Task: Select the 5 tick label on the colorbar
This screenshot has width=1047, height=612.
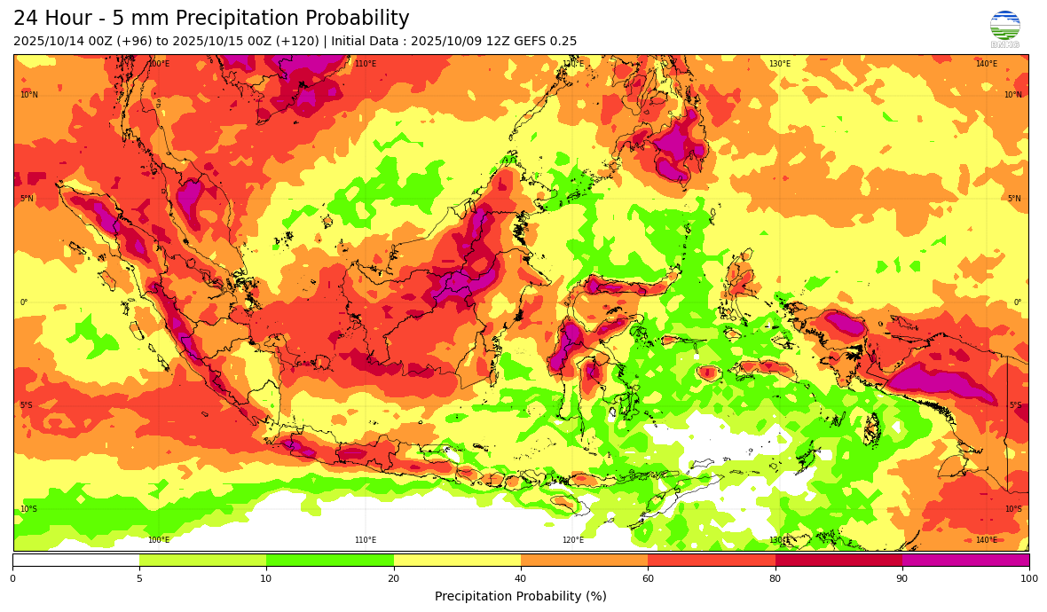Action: pyautogui.click(x=139, y=578)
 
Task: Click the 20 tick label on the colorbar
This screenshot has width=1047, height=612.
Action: pyautogui.click(x=393, y=578)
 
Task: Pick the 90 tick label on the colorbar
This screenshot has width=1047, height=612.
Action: pyautogui.click(x=902, y=578)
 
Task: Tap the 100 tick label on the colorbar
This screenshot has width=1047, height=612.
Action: pyautogui.click(x=1028, y=578)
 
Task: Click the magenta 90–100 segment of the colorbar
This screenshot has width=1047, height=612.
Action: pyautogui.click(x=965, y=560)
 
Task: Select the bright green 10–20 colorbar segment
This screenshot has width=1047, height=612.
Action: pyautogui.click(x=330, y=560)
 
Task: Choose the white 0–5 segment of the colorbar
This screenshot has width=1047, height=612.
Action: pyautogui.click(x=76, y=560)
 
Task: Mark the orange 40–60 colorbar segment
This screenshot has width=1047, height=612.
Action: pyautogui.click(x=584, y=560)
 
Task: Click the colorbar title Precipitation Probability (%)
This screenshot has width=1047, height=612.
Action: pyautogui.click(x=521, y=596)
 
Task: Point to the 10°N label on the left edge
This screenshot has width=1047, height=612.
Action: pyautogui.click(x=29, y=95)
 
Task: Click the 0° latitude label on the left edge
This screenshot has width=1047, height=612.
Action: pyautogui.click(x=24, y=302)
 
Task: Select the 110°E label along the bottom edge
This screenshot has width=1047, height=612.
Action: pyautogui.click(x=366, y=540)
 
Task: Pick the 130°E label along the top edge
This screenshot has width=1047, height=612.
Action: pyautogui.click(x=779, y=64)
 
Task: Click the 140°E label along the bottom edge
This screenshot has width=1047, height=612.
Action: pyautogui.click(x=986, y=540)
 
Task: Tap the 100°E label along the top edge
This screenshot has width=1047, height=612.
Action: pyautogui.click(x=159, y=64)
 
